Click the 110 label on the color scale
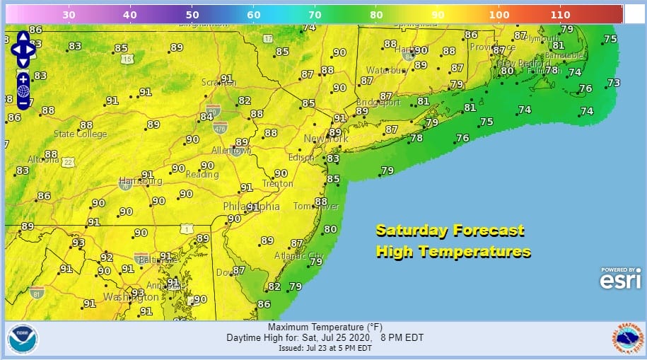click(x=560, y=14)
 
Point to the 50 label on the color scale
click(x=192, y=14)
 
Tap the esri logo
click(x=619, y=280)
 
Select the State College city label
click(x=81, y=134)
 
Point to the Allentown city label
click(x=232, y=151)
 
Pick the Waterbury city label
click(x=385, y=71)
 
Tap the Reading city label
click(x=202, y=175)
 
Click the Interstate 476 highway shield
click(x=219, y=127)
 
